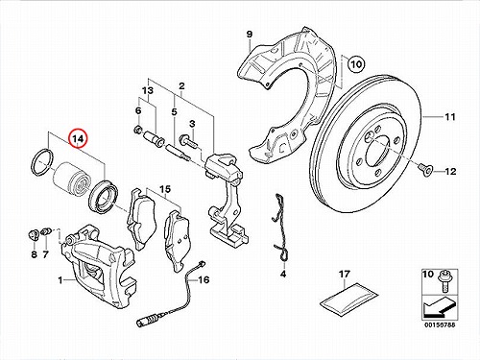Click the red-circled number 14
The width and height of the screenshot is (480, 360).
(x=79, y=139)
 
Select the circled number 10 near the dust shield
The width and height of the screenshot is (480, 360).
(x=356, y=64)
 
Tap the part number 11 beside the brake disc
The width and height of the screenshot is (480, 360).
(x=450, y=117)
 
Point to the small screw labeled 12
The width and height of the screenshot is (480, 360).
(x=427, y=169)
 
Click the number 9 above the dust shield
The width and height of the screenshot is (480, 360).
(x=250, y=34)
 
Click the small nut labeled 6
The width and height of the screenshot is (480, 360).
(x=137, y=130)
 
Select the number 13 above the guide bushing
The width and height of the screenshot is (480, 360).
(x=148, y=90)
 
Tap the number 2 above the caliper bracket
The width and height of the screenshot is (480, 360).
(x=181, y=85)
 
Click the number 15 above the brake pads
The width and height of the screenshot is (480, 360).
(x=165, y=189)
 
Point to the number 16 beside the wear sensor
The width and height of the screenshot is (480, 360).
(x=204, y=280)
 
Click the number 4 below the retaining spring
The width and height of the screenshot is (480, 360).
(x=283, y=274)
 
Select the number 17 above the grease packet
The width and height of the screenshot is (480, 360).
(x=345, y=274)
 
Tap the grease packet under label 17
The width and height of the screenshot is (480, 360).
(x=349, y=300)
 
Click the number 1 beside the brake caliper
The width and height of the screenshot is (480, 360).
(x=60, y=280)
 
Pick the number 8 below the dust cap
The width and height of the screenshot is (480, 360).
(x=34, y=254)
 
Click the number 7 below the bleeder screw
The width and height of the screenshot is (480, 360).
(x=45, y=254)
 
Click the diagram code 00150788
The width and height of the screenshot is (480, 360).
(x=440, y=324)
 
